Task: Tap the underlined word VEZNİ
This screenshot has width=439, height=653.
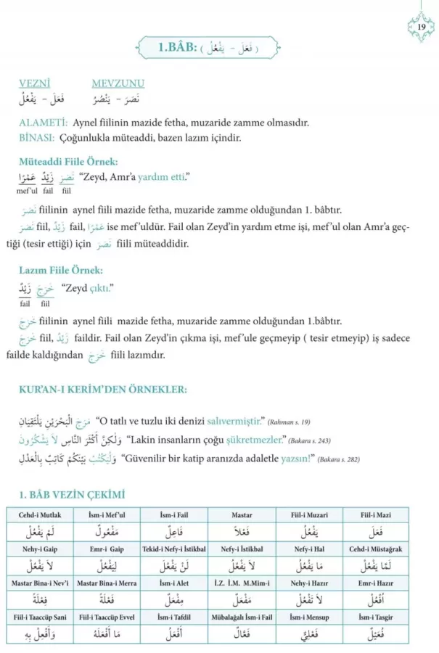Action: point(33,83)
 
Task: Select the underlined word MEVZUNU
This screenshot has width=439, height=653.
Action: point(118,83)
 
